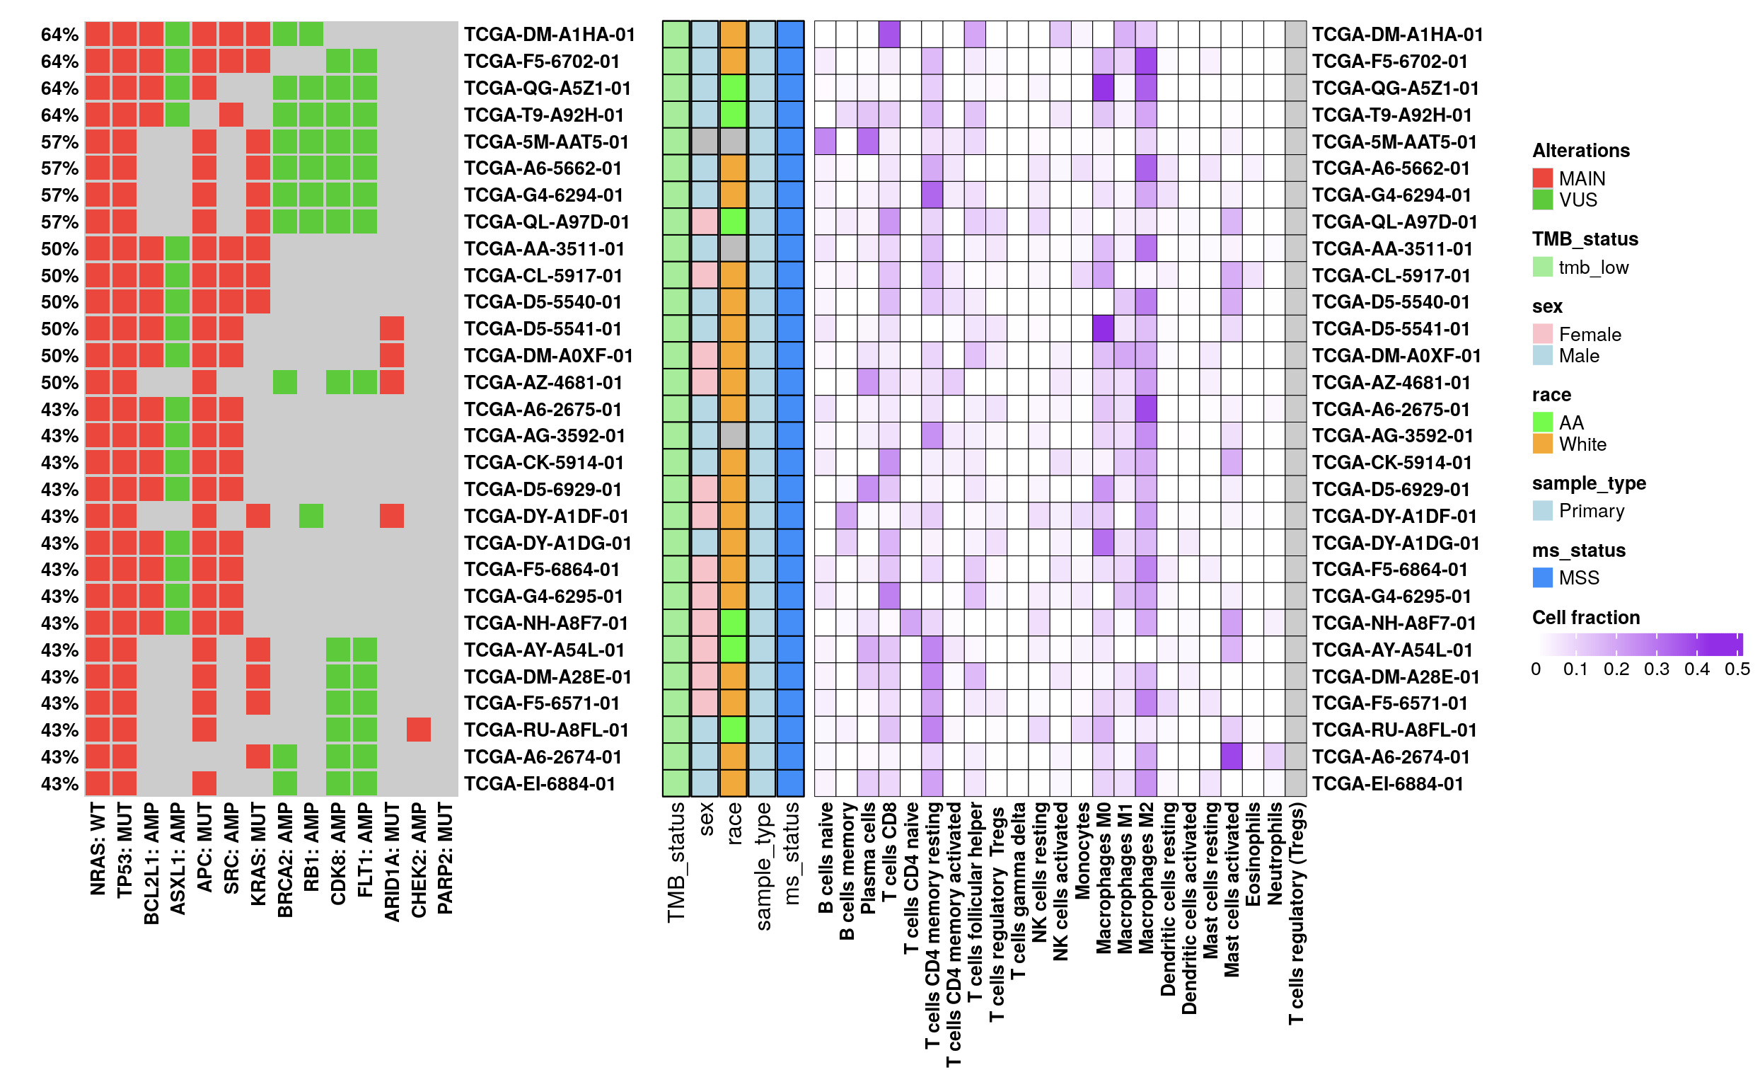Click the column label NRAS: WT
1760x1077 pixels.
coord(98,848)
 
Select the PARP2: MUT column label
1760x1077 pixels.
coord(445,858)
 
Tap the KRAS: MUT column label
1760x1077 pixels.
coord(258,853)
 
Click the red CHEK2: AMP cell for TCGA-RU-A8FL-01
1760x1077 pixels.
coord(419,730)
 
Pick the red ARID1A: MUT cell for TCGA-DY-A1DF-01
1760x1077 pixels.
coord(391,515)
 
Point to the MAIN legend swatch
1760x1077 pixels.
coord(1543,178)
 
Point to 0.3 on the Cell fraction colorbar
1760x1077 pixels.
coord(1657,669)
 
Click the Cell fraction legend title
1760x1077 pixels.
coord(1586,618)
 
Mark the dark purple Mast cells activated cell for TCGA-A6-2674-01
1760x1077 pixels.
coord(1232,756)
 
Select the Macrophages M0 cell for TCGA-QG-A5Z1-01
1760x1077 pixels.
coord(1103,88)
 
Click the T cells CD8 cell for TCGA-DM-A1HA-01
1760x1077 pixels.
coord(889,34)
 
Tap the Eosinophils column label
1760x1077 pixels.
coord(1253,853)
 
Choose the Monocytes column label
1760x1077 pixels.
coord(1082,850)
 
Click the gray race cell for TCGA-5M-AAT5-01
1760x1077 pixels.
coord(733,142)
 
